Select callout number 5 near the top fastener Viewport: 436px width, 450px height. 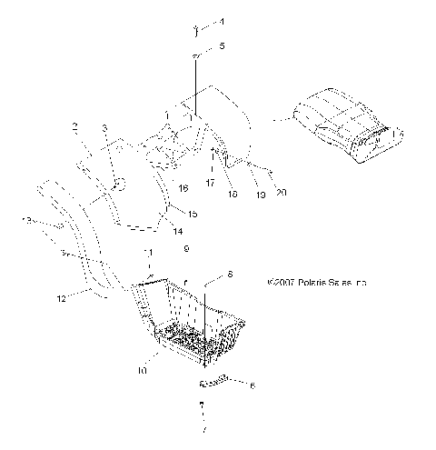223,45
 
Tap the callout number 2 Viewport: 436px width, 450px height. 75,126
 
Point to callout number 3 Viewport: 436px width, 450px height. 104,128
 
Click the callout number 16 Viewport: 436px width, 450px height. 183,188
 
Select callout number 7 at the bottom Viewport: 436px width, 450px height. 204,428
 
